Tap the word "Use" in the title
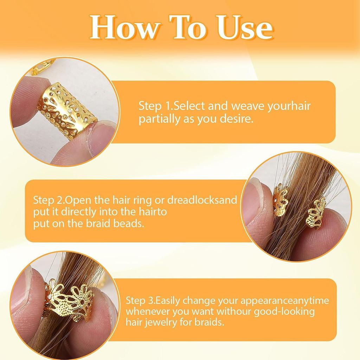(245, 27)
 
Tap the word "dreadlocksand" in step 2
(202, 200)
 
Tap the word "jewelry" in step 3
(158, 323)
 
